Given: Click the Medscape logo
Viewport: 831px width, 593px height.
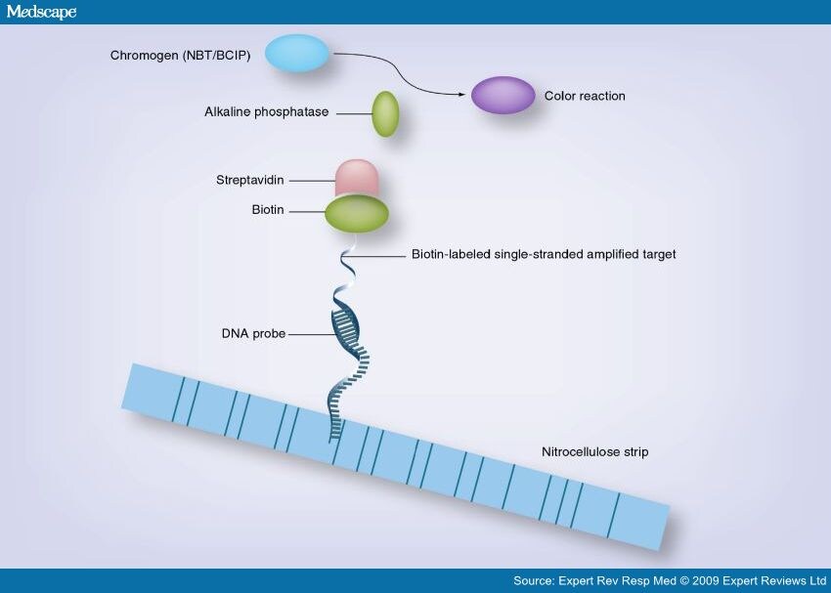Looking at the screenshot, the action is click(x=41, y=12).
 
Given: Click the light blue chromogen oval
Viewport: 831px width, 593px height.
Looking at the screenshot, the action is click(x=297, y=53).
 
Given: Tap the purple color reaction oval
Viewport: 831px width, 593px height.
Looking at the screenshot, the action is click(x=503, y=96).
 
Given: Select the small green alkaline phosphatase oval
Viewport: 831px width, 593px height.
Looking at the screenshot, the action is click(x=385, y=114).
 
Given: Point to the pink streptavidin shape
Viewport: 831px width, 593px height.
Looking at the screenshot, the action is click(x=357, y=178).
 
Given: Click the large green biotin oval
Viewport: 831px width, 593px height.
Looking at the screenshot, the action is click(x=357, y=214).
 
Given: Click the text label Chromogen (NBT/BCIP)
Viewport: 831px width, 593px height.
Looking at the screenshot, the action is click(x=180, y=55).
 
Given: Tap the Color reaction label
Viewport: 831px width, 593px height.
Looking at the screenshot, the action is click(x=585, y=96).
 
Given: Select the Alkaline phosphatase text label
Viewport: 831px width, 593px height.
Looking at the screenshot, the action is click(x=267, y=111).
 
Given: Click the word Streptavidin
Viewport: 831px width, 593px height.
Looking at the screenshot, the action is click(x=249, y=180).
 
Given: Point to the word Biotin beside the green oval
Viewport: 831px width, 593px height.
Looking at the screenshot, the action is click(x=268, y=210).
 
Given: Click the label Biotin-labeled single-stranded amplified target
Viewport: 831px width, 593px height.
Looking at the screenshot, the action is click(x=544, y=254).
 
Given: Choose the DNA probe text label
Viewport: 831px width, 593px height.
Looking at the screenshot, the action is click(x=253, y=333).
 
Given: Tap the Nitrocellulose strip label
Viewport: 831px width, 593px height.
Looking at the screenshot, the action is click(x=594, y=451).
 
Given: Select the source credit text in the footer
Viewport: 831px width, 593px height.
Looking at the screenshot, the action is click(x=670, y=581).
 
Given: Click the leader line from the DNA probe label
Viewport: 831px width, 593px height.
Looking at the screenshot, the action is click(x=313, y=334).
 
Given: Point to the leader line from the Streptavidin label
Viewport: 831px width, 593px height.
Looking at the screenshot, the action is click(x=313, y=181).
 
